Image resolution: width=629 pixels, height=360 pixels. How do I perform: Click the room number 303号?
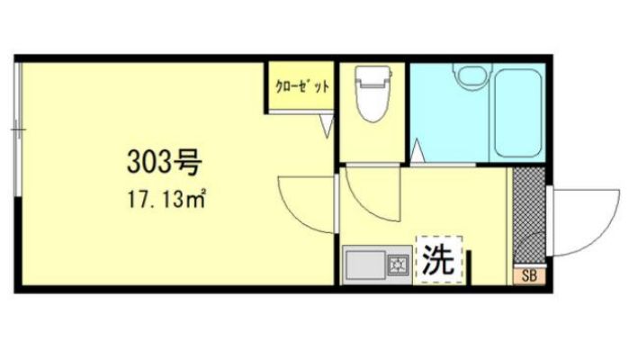(163, 163)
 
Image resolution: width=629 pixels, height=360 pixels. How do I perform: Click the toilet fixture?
(371, 100)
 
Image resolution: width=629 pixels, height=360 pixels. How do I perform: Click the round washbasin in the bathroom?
(469, 76)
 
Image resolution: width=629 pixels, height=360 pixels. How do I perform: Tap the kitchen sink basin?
(365, 265)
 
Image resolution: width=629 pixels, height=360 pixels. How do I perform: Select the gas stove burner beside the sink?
(397, 265)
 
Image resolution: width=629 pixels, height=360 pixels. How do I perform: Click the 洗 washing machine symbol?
(438, 259)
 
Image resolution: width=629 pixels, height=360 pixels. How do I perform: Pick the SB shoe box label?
(527, 276)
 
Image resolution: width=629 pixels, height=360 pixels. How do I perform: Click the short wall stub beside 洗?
(470, 267)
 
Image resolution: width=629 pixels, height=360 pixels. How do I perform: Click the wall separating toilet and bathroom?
(407, 112)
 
